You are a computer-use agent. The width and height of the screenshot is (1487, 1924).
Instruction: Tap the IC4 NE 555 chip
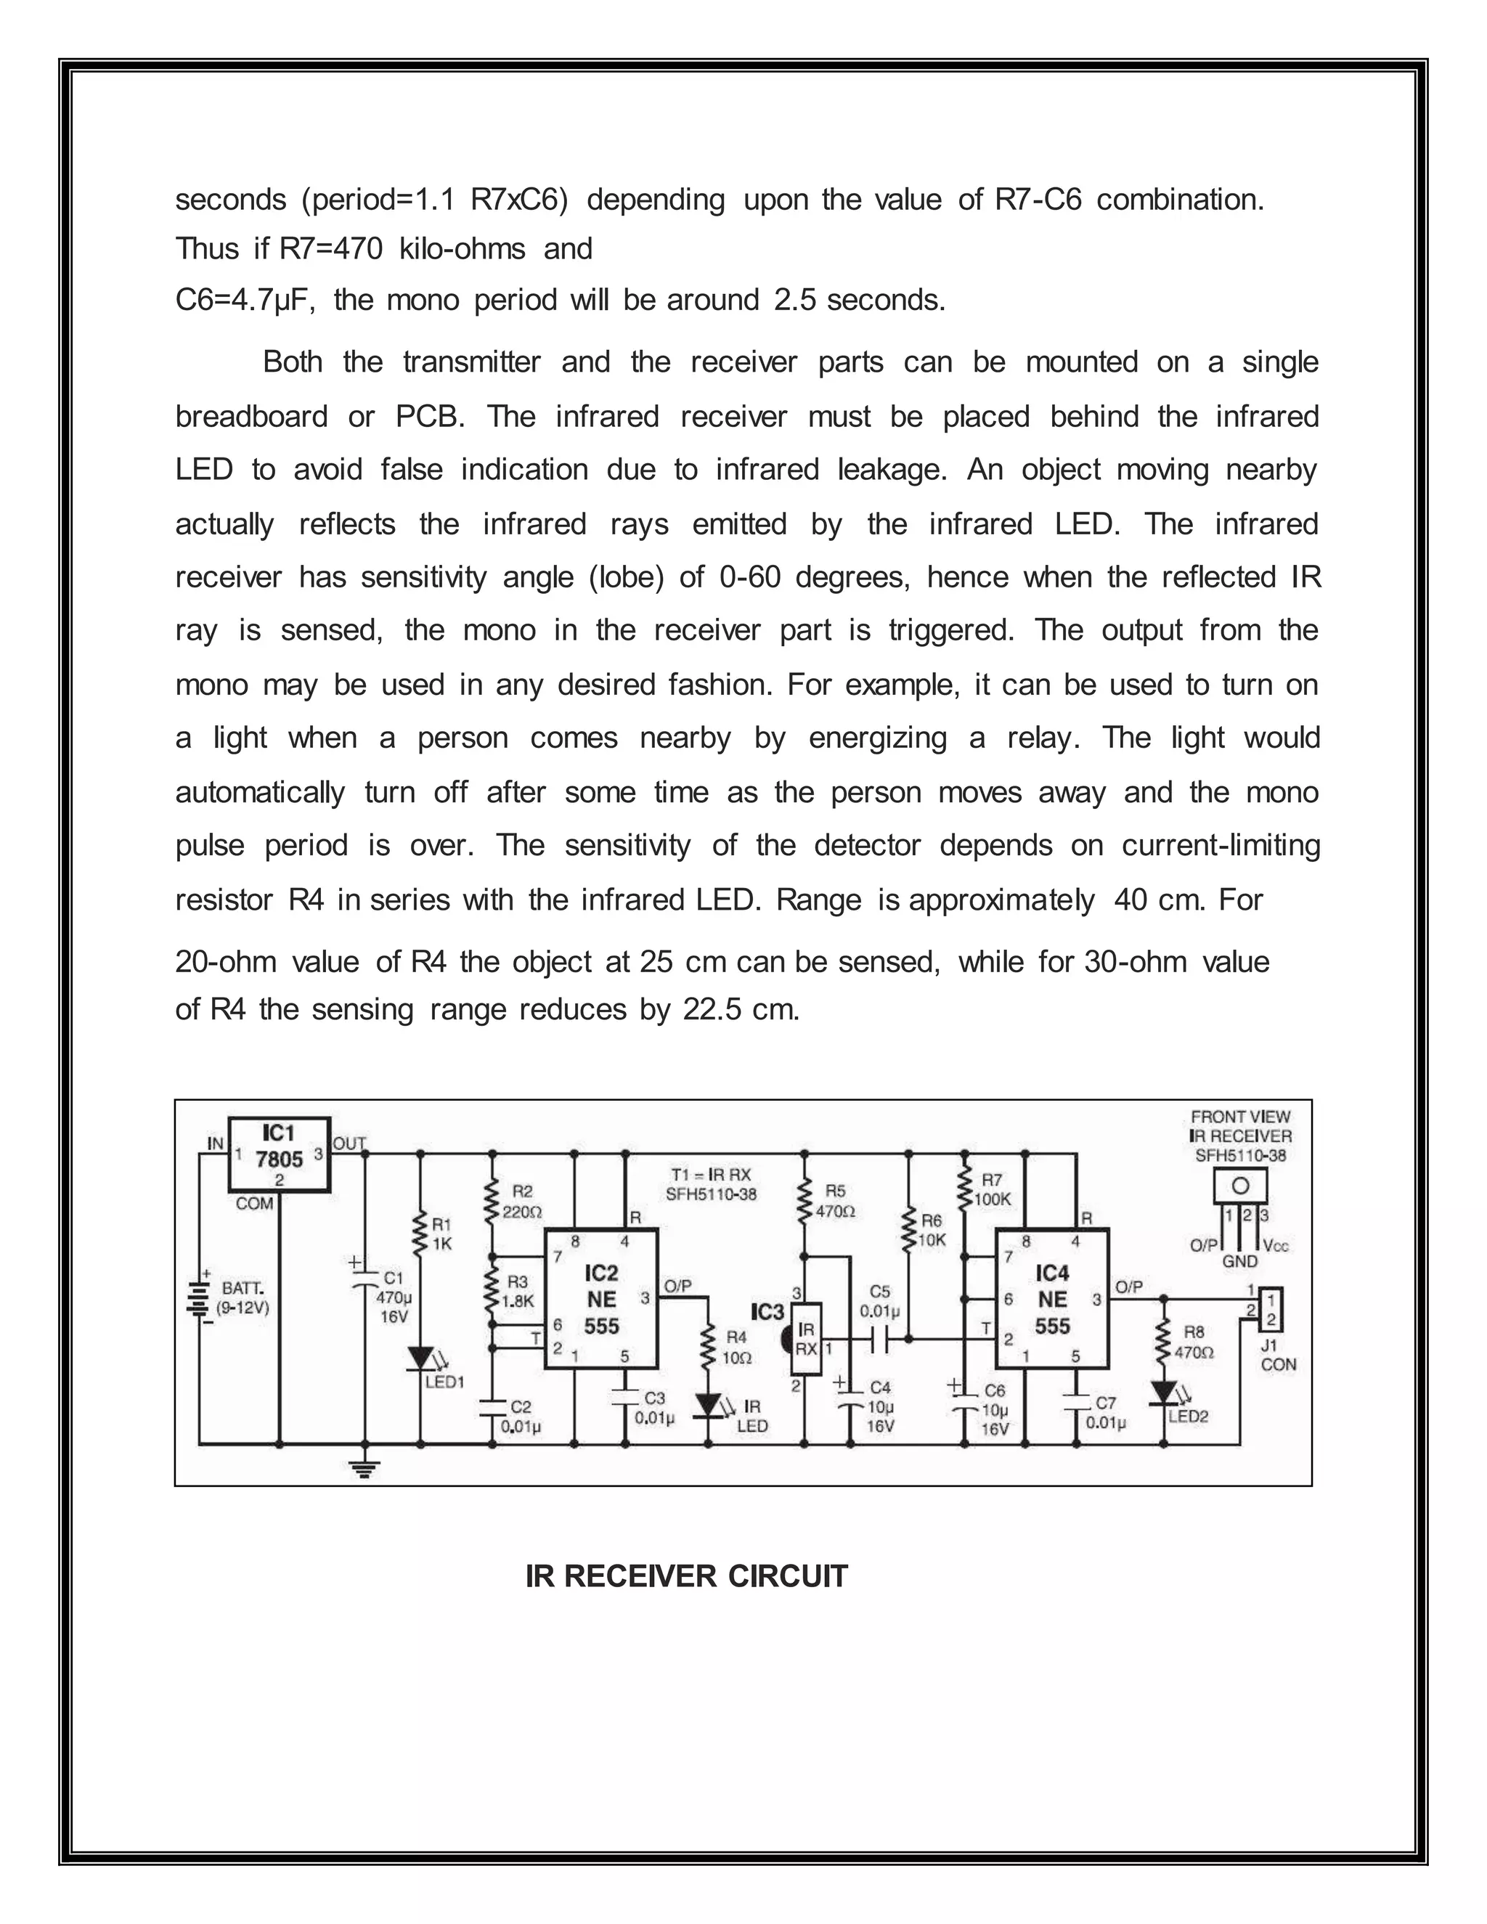(x=1052, y=1299)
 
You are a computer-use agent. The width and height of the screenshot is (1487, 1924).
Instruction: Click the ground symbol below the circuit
(x=364, y=1467)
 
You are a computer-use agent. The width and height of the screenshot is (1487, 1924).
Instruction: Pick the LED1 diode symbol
(x=420, y=1358)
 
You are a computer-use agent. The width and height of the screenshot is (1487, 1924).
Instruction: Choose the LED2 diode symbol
(x=1163, y=1393)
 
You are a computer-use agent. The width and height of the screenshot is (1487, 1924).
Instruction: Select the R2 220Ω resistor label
(x=521, y=1202)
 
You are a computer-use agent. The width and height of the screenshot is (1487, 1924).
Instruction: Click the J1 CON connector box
(x=1271, y=1309)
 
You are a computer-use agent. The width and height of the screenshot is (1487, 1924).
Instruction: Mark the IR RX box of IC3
(x=806, y=1339)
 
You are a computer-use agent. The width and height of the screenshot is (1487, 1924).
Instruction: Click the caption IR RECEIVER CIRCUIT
(x=686, y=1576)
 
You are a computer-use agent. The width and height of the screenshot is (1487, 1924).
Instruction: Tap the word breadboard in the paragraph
(x=251, y=416)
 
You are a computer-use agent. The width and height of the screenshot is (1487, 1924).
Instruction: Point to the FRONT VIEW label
(x=1240, y=1117)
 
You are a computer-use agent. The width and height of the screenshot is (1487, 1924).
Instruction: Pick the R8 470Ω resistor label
(x=1194, y=1342)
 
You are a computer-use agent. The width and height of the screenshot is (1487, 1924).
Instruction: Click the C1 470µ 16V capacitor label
(x=393, y=1297)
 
